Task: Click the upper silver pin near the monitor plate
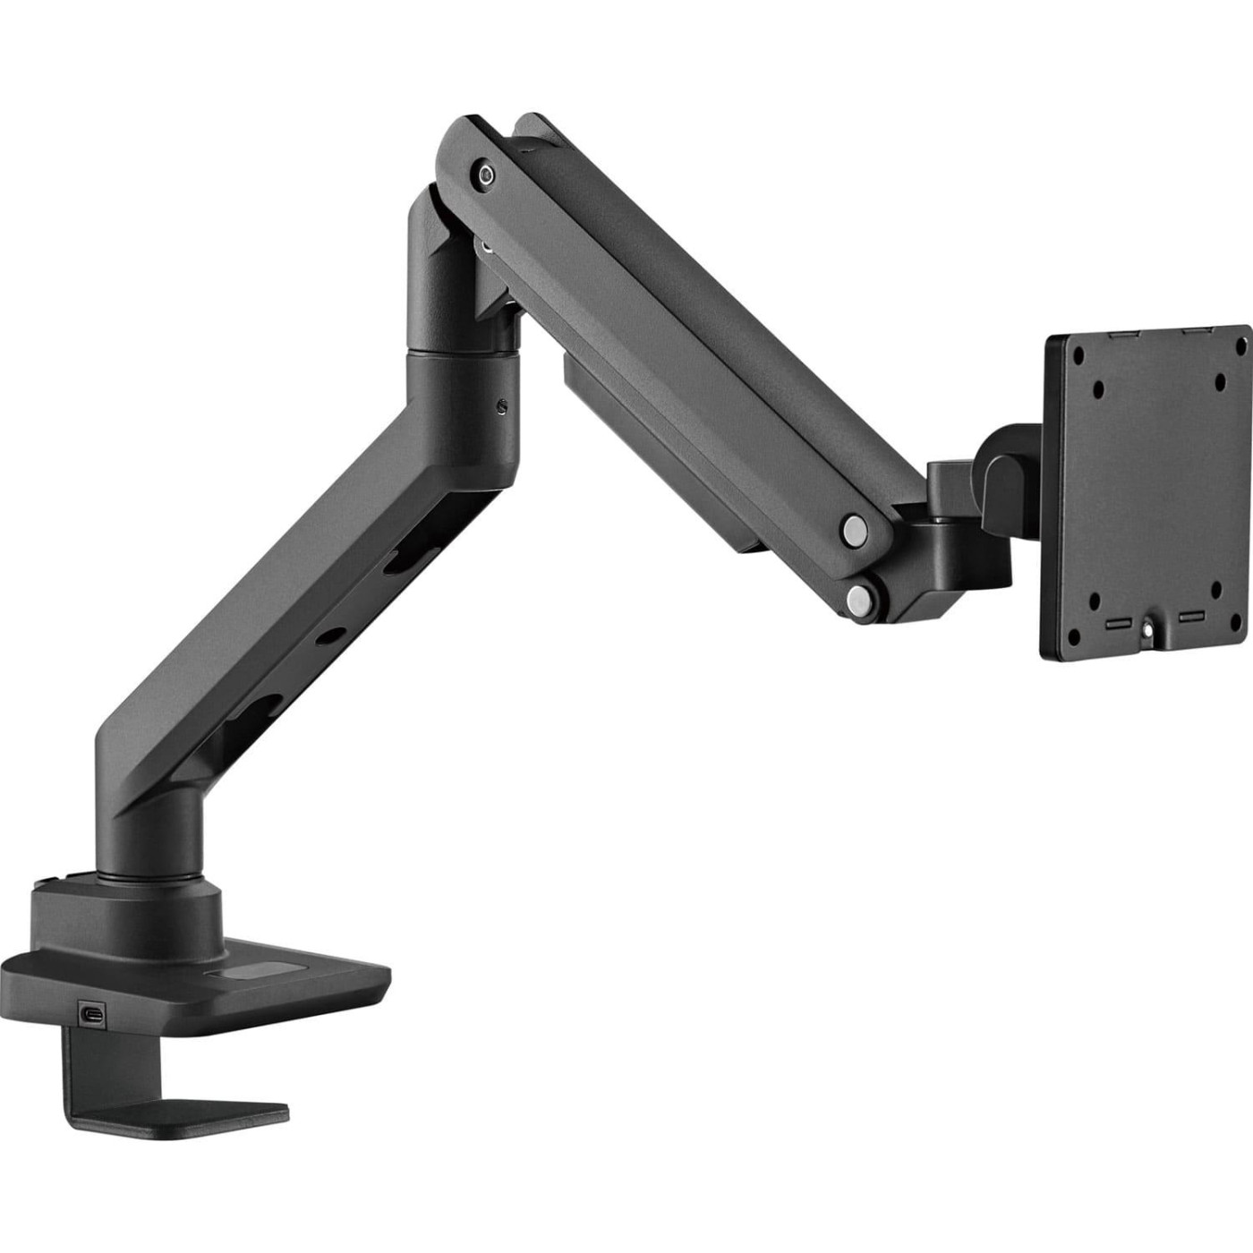tap(854, 529)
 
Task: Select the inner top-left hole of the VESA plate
tap(1098, 389)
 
